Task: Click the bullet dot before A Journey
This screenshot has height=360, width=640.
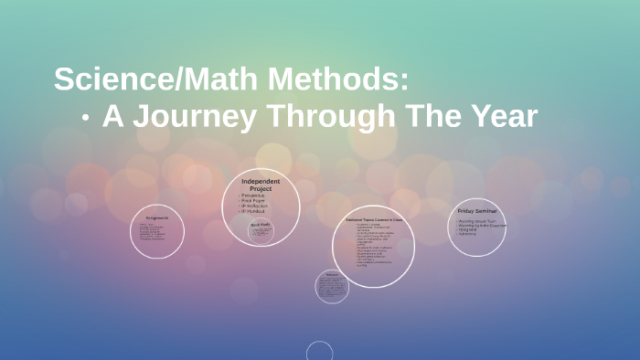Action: [x=85, y=118]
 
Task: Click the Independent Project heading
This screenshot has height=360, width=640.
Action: [x=261, y=185]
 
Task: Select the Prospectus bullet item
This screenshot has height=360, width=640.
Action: [x=253, y=196]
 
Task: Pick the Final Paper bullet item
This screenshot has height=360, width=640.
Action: [x=253, y=201]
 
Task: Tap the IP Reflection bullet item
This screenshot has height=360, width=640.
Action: [x=255, y=206]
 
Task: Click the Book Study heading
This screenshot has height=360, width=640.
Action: [x=261, y=224]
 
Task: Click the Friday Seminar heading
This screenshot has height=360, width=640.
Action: [x=476, y=211]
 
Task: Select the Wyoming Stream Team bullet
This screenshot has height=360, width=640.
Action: [x=477, y=220]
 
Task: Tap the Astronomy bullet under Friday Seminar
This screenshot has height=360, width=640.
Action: [x=468, y=234]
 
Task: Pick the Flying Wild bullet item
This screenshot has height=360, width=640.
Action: [x=468, y=229]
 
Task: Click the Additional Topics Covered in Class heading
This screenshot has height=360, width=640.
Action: [x=372, y=220]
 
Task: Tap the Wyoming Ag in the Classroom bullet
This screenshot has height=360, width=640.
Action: [x=482, y=225]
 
